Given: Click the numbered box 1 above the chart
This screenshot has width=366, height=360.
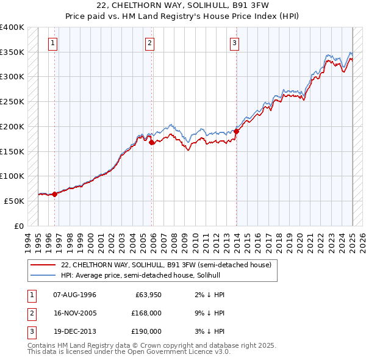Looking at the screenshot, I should pyautogui.click(x=54, y=43).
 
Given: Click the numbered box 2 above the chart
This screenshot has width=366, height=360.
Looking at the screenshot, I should pyautogui.click(x=150, y=43).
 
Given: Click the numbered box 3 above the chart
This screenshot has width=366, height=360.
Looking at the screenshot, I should pyautogui.click(x=234, y=43).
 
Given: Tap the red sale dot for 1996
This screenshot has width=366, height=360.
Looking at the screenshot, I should pyautogui.click(x=54, y=194).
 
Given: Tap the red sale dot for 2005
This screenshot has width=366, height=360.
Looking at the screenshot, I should pyautogui.click(x=151, y=142).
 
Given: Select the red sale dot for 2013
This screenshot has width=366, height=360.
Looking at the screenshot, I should pyautogui.click(x=236, y=131).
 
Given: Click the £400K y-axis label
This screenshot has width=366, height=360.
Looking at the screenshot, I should pyautogui.click(x=12, y=27).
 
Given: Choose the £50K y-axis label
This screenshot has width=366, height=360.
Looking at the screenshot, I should pyautogui.click(x=15, y=200).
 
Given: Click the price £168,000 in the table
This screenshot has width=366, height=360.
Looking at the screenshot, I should pyautogui.click(x=146, y=313).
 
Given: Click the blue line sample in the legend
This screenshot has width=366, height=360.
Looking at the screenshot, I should pyautogui.click(x=43, y=275).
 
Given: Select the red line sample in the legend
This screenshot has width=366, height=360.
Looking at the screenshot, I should pyautogui.click(x=43, y=265).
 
